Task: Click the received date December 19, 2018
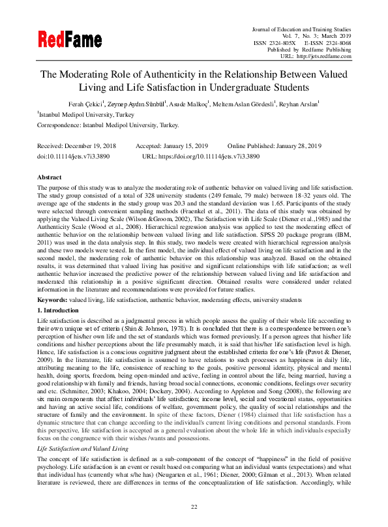90,147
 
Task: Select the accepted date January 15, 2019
186,147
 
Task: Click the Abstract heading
50,177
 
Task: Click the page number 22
194,506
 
